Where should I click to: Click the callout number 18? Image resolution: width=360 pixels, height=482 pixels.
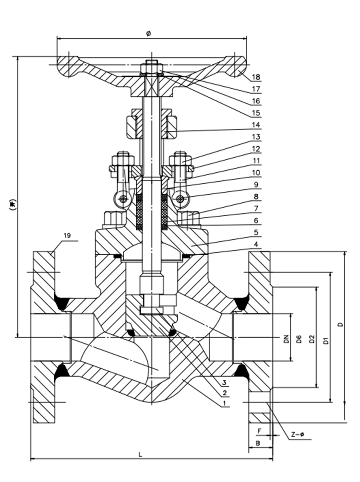256,77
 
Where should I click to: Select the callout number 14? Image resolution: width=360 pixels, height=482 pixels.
256,125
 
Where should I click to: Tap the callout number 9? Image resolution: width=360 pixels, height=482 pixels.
256,185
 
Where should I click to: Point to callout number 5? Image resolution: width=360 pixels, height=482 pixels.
256,233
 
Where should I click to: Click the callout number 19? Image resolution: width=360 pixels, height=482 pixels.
67,235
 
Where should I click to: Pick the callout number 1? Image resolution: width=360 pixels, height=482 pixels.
225,403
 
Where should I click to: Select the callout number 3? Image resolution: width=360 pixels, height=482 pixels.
225,382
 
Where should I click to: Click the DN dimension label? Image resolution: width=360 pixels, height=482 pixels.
287,338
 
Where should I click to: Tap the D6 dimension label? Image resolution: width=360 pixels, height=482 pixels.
299,339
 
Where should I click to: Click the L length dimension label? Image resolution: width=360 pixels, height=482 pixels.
140,454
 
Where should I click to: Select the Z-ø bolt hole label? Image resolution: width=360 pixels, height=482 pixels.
298,435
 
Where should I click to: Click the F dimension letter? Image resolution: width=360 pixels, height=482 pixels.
259,431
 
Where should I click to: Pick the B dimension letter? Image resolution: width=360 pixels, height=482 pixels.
258,443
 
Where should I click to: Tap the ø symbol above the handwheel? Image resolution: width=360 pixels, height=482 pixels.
149,33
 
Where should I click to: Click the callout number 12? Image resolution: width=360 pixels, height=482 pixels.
256,149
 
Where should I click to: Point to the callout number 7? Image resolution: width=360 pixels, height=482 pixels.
256,209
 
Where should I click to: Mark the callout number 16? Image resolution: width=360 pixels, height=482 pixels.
256,101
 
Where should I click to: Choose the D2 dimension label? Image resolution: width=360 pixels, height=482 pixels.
312,339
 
